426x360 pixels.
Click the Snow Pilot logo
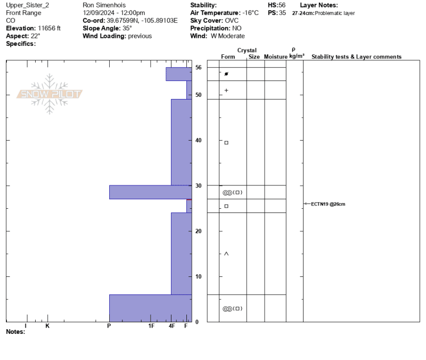point(50,94)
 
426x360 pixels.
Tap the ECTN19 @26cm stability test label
point(328,204)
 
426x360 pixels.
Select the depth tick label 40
point(198,140)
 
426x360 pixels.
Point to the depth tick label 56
point(198,68)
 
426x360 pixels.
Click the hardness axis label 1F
point(151,326)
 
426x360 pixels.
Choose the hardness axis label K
point(47,326)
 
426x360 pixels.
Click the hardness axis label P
point(109,326)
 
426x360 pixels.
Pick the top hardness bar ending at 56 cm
point(179,74)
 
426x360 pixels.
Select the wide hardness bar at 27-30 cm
point(151,192)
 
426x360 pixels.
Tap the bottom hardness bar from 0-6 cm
point(151,308)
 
